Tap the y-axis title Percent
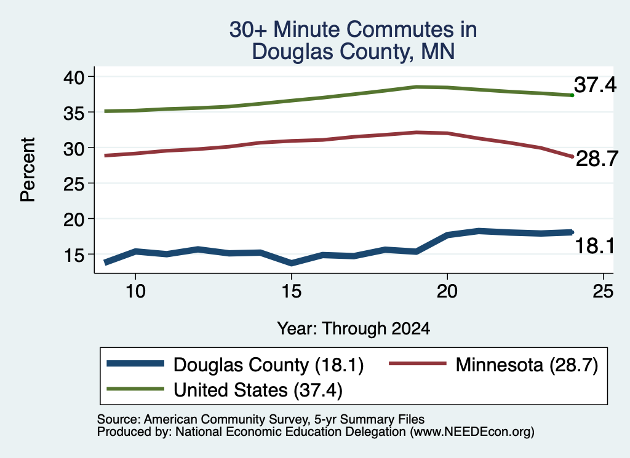pyautogui.click(x=28, y=170)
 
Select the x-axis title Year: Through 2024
pyautogui.click(x=354, y=328)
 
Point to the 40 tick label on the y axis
pyautogui.click(x=74, y=77)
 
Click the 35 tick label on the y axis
pyautogui.click(x=74, y=113)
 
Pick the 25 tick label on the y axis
pyautogui.click(x=74, y=184)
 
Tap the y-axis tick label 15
pyautogui.click(x=74, y=255)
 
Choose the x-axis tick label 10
pyautogui.click(x=135, y=291)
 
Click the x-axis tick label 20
pyautogui.click(x=447, y=291)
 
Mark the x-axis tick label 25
pyautogui.click(x=603, y=291)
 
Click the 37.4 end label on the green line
pyautogui.click(x=595, y=85)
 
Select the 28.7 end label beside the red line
pyautogui.click(x=597, y=159)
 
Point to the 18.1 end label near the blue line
pyautogui.click(x=595, y=246)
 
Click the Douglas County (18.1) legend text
pyautogui.click(x=268, y=365)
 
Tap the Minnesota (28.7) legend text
pyautogui.click(x=527, y=365)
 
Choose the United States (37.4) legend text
pyautogui.click(x=258, y=390)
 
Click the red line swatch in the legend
pyautogui.click(x=418, y=364)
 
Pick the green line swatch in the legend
pyautogui.click(x=135, y=389)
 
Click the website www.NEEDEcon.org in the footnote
pyautogui.click(x=472, y=432)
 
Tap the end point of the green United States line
pyautogui.click(x=572, y=95)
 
